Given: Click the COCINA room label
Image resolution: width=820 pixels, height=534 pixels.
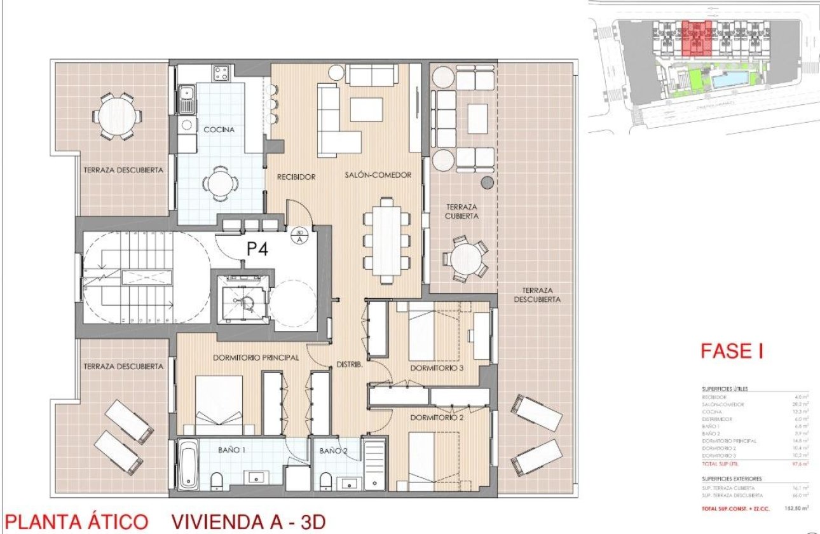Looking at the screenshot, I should click(219, 130).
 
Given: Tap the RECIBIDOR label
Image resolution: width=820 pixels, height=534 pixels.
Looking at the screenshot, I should click(296, 176).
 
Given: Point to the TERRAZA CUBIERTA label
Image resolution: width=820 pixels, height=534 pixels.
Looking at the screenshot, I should click(461, 212).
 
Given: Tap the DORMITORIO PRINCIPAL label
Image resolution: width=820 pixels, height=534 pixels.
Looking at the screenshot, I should click(256, 358).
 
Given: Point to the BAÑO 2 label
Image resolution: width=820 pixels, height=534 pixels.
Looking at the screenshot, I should click(334, 450).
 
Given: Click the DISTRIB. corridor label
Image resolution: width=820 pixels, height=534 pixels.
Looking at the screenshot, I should click(350, 365).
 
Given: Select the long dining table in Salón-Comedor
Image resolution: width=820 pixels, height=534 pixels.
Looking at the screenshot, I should click(385, 239).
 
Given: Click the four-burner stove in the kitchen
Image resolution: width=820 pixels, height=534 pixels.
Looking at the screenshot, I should click(221, 73).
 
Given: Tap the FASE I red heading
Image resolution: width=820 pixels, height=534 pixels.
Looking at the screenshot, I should click(731, 351).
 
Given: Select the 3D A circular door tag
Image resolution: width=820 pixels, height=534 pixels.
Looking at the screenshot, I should click(299, 236).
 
